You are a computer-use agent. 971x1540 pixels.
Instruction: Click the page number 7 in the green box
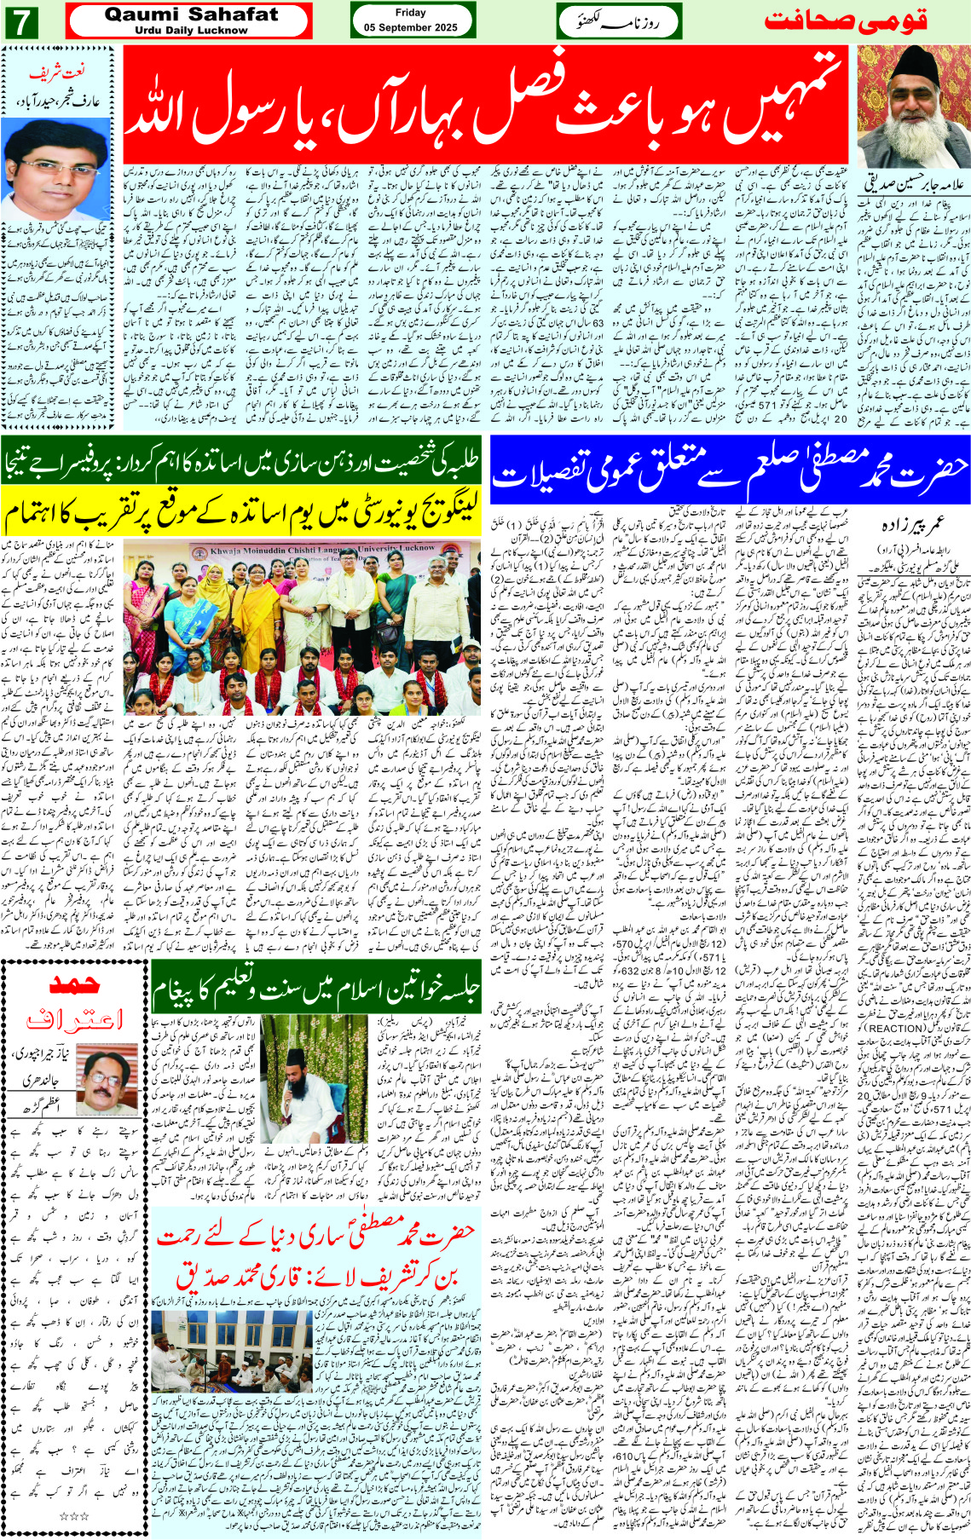(x=20, y=21)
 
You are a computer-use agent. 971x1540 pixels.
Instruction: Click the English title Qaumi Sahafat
(x=191, y=14)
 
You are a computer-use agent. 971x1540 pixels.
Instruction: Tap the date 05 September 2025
(x=410, y=27)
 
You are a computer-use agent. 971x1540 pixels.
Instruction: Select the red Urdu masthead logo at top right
(x=845, y=20)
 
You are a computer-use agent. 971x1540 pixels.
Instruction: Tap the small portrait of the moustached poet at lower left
(x=107, y=1081)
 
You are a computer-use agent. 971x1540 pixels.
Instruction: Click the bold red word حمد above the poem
(x=75, y=986)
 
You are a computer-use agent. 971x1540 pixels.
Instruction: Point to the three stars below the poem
(x=74, y=1516)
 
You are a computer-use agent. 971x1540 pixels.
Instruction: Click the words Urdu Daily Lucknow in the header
(x=191, y=30)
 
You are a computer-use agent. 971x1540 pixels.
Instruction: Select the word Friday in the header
(x=410, y=13)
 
